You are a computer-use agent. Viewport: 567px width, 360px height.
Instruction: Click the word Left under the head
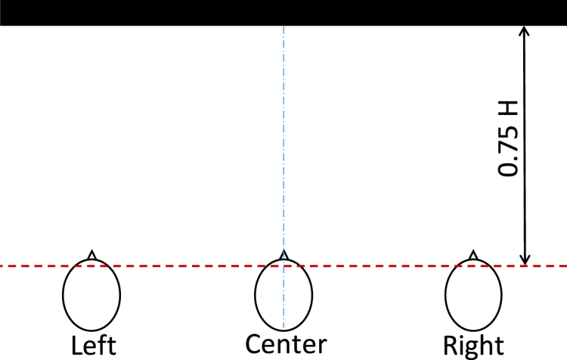coord(94,346)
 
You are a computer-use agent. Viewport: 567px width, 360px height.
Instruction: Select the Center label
coord(286,344)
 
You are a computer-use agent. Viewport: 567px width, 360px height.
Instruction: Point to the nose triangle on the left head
coord(91,255)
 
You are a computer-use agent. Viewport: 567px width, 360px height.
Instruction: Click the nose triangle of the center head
coord(283,255)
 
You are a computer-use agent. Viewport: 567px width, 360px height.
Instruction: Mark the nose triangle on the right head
coord(472,255)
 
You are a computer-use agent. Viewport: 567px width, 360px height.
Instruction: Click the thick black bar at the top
coord(283,12)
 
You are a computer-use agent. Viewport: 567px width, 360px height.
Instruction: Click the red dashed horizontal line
coord(189,265)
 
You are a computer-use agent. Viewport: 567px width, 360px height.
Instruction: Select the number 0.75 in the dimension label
coord(508,155)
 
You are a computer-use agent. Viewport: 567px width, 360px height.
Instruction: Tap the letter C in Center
coord(254,344)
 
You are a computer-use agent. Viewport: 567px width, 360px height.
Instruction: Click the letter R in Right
coord(451,345)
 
